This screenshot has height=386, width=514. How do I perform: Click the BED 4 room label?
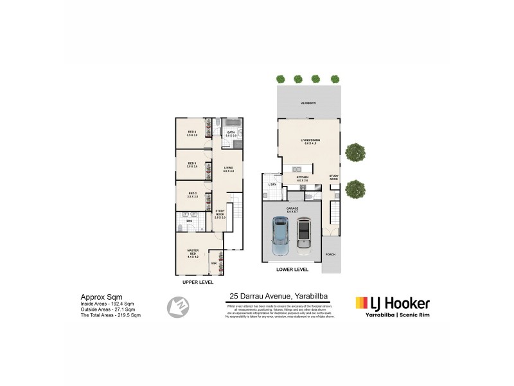191,134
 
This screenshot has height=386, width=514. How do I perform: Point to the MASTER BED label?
192,252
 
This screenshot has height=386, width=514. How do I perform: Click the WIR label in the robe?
213,264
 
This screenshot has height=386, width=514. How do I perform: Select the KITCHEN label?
302,178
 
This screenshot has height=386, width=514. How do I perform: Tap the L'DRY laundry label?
272,186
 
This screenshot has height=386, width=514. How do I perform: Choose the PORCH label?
330,254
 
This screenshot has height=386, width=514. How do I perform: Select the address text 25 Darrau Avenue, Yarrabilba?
279,296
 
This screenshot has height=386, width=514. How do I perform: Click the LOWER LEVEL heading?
292,270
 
